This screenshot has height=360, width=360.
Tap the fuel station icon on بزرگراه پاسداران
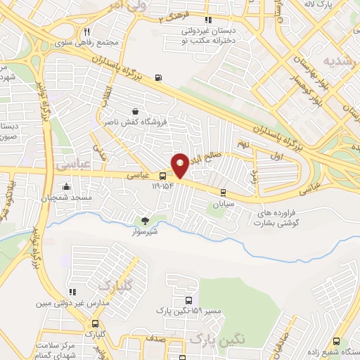coord(157,77)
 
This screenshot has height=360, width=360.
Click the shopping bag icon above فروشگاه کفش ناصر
coord(134,111)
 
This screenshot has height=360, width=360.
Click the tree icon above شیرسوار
coord(146,220)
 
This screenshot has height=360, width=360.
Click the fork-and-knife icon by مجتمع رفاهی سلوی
coord(86,31)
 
